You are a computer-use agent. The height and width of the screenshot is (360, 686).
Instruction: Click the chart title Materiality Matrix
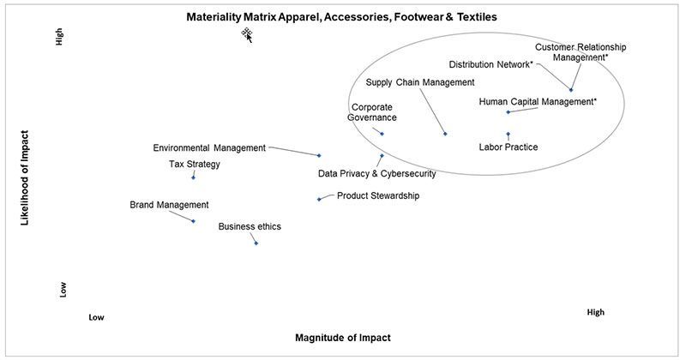(x=341, y=16)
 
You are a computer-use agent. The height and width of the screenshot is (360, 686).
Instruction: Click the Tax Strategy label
(x=195, y=164)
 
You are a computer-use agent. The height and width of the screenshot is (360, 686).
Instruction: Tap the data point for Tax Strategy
(x=194, y=177)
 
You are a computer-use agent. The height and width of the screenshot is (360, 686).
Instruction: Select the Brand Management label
(x=169, y=205)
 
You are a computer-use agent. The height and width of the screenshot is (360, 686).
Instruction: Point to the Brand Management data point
(x=194, y=221)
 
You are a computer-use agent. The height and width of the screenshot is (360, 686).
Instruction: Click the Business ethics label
(x=250, y=226)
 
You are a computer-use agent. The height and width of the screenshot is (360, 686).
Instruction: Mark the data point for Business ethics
(x=256, y=243)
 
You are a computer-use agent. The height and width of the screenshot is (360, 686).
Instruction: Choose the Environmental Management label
(x=209, y=147)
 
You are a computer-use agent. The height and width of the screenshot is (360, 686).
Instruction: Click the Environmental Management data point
(x=319, y=155)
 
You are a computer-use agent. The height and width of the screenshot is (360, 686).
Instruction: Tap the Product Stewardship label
(x=378, y=195)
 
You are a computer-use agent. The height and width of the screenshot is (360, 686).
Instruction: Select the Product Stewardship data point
(x=319, y=199)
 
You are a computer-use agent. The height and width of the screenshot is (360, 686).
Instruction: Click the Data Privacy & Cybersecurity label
(x=376, y=173)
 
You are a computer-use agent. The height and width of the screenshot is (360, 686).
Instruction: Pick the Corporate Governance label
(x=372, y=112)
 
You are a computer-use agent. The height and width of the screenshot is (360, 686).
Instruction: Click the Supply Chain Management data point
(x=445, y=133)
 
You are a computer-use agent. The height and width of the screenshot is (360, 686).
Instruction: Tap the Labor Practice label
(x=508, y=147)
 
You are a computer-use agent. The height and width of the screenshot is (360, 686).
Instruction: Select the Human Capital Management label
(x=537, y=102)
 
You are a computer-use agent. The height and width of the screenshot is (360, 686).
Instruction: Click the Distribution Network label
(x=490, y=64)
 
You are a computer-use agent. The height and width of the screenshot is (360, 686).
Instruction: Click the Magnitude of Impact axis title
(x=342, y=337)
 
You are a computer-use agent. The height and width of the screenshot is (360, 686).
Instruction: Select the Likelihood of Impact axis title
(x=26, y=177)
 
